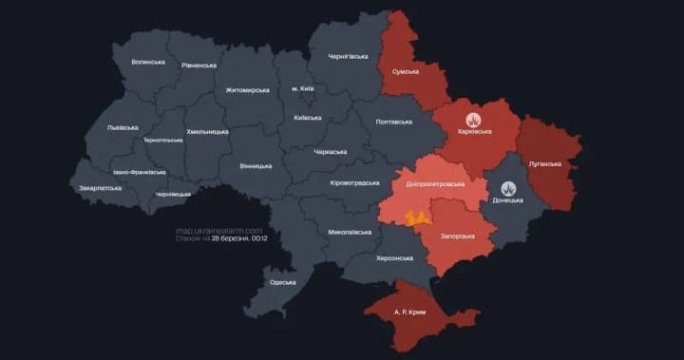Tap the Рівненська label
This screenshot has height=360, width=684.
coord(199,66)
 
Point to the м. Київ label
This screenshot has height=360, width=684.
coord(303,88)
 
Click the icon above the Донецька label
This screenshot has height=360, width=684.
coord(508,188)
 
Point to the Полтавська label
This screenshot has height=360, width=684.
coord(393,122)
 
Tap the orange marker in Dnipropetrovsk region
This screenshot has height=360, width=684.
coord(413,218)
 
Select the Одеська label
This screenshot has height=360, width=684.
coord(282,282)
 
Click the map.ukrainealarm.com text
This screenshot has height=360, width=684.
coord(218,230)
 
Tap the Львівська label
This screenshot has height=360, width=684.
coord(123,127)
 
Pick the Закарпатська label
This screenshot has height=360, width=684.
coord(101,188)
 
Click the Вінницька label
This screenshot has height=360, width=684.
coord(256,165)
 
